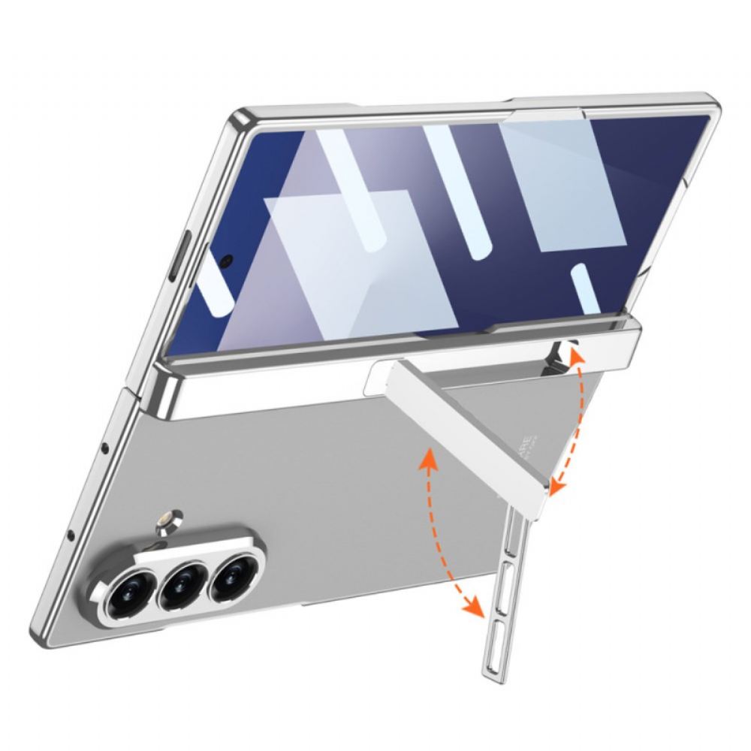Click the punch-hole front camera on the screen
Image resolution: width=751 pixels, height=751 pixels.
[226, 261]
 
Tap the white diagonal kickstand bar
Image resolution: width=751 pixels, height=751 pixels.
[481, 436]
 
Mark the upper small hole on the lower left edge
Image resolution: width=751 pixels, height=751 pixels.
[104, 448]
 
